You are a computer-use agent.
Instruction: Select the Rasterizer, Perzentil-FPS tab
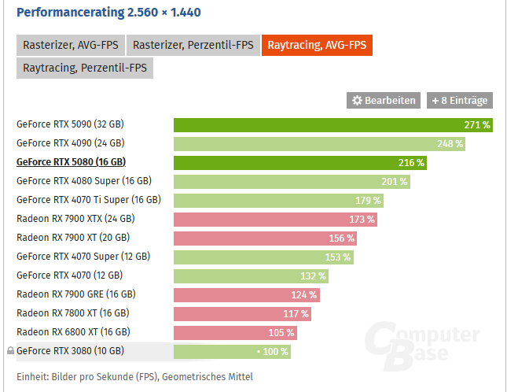(x=192, y=45)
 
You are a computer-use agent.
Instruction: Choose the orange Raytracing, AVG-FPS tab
(x=318, y=45)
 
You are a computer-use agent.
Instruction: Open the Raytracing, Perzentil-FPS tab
(x=85, y=68)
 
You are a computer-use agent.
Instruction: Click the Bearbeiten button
(x=383, y=101)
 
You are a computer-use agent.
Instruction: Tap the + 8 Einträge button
(x=460, y=101)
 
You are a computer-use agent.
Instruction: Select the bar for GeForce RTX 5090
(x=332, y=124)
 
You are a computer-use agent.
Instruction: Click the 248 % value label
(x=450, y=143)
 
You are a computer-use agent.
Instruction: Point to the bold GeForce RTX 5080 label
(x=71, y=162)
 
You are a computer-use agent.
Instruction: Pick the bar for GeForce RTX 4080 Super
(x=292, y=181)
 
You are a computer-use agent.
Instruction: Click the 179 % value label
(x=367, y=200)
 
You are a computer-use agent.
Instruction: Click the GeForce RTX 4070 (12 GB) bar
(x=251, y=276)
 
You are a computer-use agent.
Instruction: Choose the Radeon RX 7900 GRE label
(x=76, y=294)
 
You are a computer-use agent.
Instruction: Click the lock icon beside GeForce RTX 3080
(x=10, y=351)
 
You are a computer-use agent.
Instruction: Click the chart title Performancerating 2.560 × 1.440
(x=117, y=12)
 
